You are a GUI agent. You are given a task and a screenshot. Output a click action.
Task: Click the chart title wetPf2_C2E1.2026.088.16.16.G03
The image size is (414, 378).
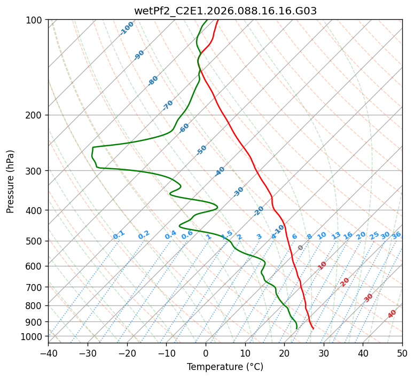pyautogui.click(x=225, y=11)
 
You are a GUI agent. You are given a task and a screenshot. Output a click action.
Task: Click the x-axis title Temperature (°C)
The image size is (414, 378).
pyautogui.click(x=225, y=367)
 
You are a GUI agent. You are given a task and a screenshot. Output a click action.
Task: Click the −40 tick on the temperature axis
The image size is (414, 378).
pyautogui.click(x=48, y=353)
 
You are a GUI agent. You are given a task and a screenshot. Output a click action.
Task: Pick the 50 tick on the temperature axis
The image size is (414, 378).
pyautogui.click(x=402, y=353)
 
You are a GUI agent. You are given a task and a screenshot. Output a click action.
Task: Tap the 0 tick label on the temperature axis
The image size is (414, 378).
pyautogui.click(x=206, y=353)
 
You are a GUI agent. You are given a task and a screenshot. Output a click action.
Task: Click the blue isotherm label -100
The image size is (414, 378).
pyautogui.click(x=127, y=28)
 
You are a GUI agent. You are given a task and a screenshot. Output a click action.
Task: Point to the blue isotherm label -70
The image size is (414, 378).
pyautogui.click(x=168, y=105)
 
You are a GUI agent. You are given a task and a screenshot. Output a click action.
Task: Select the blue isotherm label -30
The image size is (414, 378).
pyautogui.click(x=238, y=192)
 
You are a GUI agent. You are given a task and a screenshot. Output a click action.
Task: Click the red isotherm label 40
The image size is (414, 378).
pyautogui.click(x=392, y=314)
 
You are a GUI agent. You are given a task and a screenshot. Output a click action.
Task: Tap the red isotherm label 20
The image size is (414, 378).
pyautogui.click(x=345, y=281)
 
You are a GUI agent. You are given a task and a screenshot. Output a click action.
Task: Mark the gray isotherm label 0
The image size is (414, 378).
pyautogui.click(x=301, y=248)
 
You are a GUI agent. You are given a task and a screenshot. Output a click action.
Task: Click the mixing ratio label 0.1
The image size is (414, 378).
pyautogui.click(x=119, y=235)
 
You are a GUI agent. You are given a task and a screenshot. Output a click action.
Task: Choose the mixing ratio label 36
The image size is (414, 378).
pyautogui.click(x=396, y=235)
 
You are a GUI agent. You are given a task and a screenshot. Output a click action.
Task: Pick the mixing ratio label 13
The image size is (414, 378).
pyautogui.click(x=336, y=235)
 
